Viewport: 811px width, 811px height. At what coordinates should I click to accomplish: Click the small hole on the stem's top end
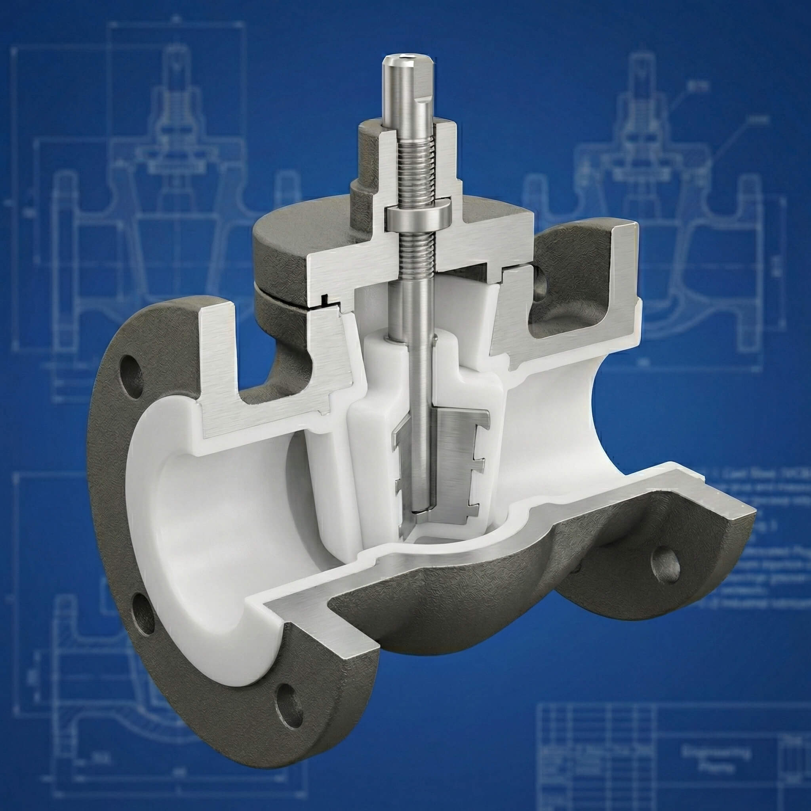pos(406,56)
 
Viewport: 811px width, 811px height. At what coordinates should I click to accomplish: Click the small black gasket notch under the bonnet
pos(324,301)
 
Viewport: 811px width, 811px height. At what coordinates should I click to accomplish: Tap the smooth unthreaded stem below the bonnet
pos(413,310)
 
